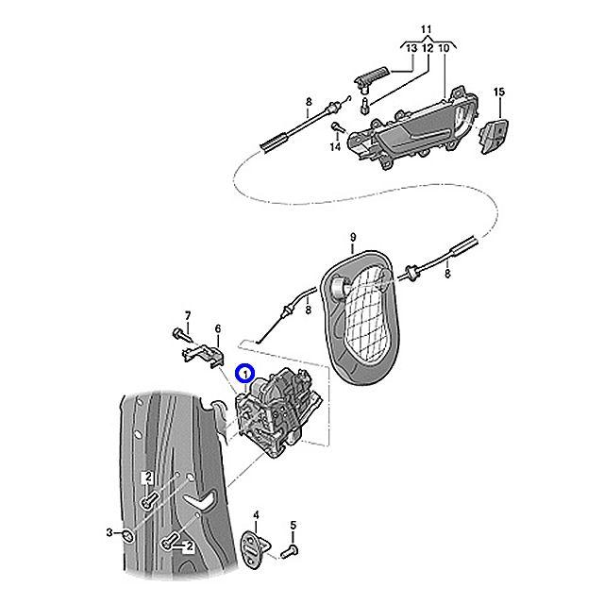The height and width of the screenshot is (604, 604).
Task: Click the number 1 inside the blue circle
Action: click(245, 375)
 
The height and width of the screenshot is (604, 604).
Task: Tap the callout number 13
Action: click(411, 47)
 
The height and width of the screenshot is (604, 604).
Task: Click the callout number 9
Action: click(352, 236)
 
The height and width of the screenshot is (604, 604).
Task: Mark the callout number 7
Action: click(187, 314)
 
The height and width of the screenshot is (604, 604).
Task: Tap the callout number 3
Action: click(109, 533)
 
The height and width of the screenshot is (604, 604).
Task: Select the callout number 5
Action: click(293, 525)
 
